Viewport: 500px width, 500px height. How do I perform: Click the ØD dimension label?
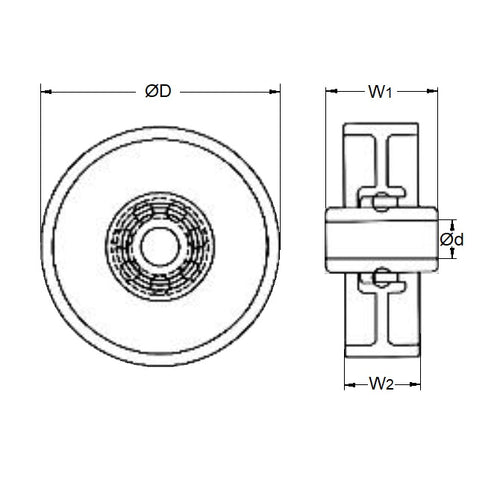(158, 91)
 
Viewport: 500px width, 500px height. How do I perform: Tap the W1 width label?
(379, 92)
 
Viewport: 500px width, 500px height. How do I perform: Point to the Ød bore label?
(452, 239)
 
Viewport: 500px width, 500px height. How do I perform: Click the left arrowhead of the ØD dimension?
(45, 91)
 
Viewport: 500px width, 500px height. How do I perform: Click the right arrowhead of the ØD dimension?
(275, 91)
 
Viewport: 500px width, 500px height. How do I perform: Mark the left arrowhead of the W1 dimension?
(331, 92)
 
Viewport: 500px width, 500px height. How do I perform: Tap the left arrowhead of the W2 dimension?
(349, 383)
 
